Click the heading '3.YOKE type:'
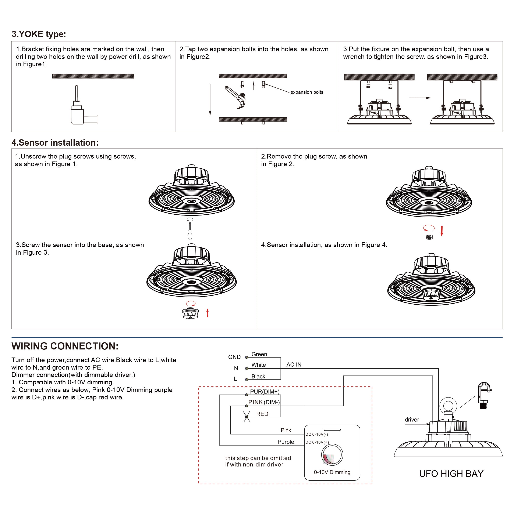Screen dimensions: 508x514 [39, 34]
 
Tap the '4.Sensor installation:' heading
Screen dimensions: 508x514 [55, 143]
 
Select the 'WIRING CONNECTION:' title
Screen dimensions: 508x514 [65, 346]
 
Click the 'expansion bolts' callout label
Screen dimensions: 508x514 [307, 92]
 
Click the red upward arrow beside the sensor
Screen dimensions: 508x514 [208, 313]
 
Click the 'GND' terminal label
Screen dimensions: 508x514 [234, 357]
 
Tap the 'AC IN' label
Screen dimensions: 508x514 [294, 364]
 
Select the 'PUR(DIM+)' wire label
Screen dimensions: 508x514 [265, 392]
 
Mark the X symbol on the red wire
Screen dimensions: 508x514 [247, 417]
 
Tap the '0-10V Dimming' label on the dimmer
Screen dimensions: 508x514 [332, 472]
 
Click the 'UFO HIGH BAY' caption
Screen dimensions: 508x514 [451, 474]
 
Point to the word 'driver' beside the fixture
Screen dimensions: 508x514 [412, 420]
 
